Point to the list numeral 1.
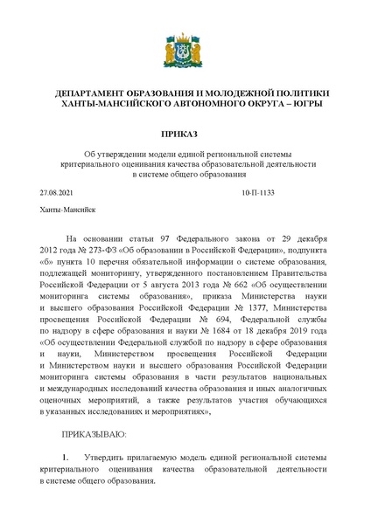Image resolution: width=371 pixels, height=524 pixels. tap(65, 457)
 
